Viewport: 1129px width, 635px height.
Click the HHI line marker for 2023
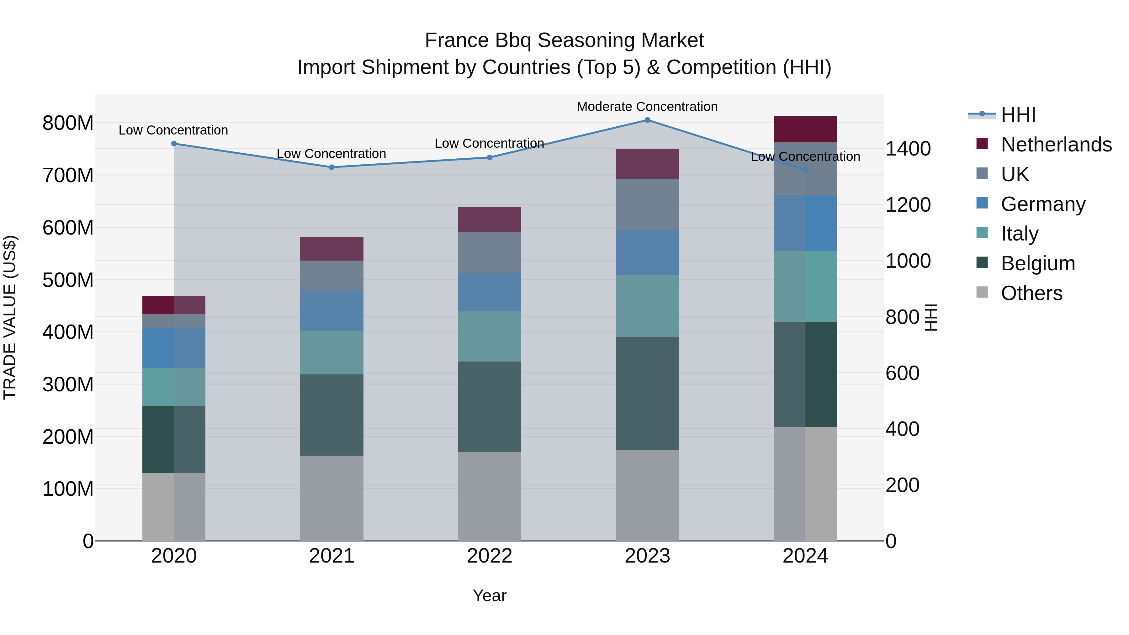tap(647, 120)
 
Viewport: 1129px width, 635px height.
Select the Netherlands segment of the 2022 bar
tap(490, 220)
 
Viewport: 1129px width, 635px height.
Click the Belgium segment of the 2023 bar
tap(647, 394)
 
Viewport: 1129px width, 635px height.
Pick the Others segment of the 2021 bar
tap(332, 498)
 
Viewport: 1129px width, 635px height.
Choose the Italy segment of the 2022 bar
tap(490, 336)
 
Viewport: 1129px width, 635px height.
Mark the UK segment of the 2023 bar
tap(647, 204)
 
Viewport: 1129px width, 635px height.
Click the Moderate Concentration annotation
tap(647, 107)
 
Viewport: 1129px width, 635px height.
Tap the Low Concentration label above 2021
tap(331, 154)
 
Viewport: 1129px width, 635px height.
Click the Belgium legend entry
tap(1038, 263)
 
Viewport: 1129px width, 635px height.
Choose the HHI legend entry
tap(1018, 115)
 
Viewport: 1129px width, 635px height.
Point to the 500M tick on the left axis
tap(68, 280)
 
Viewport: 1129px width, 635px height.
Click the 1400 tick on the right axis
tap(908, 149)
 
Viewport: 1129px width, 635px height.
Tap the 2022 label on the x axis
tap(490, 556)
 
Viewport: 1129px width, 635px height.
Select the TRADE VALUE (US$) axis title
tap(10, 317)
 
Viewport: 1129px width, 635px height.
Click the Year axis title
tap(490, 595)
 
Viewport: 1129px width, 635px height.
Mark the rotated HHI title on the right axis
tap(931, 317)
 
